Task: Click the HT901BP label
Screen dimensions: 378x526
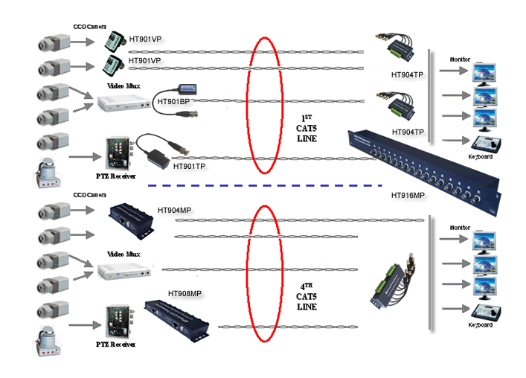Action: (173, 101)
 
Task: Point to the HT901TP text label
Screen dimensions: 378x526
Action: (190, 166)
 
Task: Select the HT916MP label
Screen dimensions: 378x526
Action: (408, 196)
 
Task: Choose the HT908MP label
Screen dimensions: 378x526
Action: (185, 293)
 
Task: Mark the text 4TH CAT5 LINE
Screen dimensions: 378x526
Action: (307, 295)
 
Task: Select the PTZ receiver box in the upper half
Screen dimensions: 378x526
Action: (118, 154)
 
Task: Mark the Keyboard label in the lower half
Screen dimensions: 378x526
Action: (480, 325)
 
